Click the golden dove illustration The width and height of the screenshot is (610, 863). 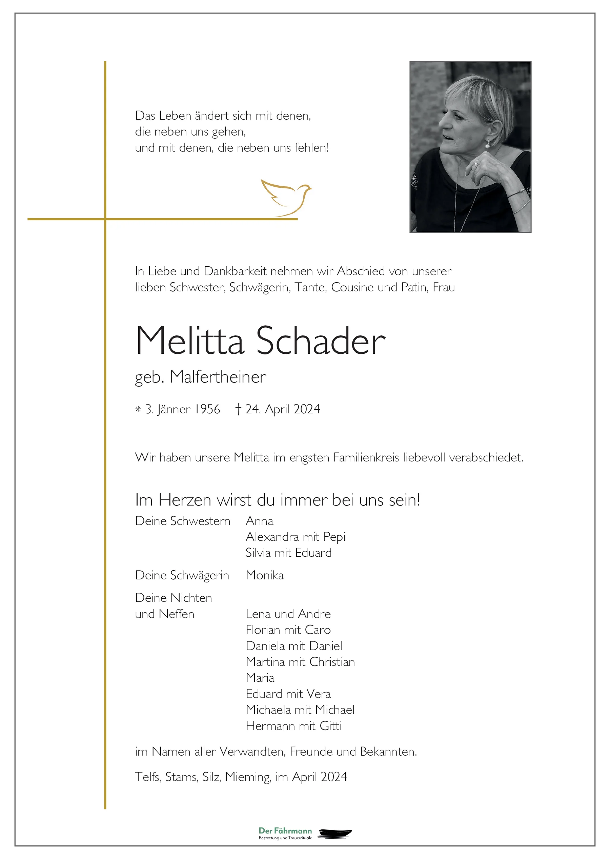(x=286, y=197)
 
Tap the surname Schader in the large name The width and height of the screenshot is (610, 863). (x=321, y=341)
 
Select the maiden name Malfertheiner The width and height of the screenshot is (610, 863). (x=218, y=377)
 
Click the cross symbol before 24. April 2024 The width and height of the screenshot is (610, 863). (x=238, y=409)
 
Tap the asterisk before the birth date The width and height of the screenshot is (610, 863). (x=138, y=409)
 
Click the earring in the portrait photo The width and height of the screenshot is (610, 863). (x=488, y=144)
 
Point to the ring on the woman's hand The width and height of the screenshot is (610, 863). (x=477, y=164)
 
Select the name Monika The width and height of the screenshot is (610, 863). (x=265, y=575)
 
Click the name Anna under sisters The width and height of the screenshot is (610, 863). (x=259, y=521)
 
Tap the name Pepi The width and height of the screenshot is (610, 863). (x=334, y=537)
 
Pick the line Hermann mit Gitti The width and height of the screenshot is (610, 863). (x=293, y=726)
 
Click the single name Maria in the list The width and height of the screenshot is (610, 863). (x=260, y=678)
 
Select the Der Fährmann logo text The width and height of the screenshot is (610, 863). (x=285, y=831)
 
